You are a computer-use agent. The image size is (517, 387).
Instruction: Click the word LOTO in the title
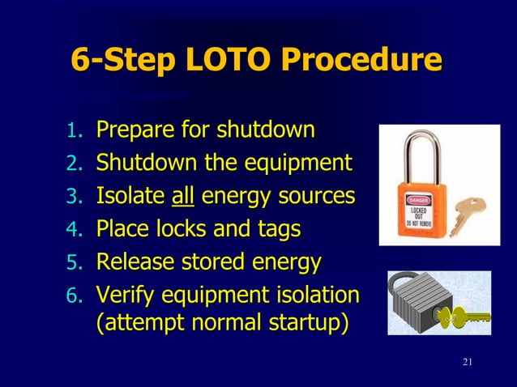(238, 61)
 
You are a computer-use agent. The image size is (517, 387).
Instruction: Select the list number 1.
(74, 131)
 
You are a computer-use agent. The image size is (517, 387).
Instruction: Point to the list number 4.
(74, 231)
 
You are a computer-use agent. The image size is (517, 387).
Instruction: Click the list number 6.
(74, 297)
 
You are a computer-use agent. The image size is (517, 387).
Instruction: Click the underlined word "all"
(183, 196)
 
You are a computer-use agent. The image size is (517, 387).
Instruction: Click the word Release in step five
(131, 262)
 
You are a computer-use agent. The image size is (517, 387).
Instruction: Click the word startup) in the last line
(305, 322)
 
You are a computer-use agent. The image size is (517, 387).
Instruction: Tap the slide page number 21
(465, 361)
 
